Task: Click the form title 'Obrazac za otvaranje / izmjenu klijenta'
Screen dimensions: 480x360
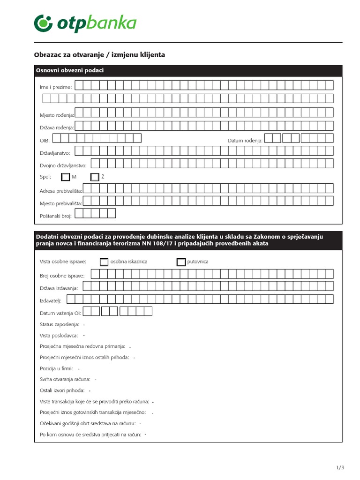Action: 100,55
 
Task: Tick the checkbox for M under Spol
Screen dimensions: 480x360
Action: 65,177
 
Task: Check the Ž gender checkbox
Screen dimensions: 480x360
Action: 95,177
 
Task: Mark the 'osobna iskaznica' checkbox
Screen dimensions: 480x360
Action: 104,262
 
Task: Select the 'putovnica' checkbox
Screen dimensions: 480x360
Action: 181,262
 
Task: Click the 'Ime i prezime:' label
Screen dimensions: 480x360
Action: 56,87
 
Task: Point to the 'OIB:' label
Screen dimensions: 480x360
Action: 45,140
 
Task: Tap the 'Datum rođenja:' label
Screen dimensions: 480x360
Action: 245,140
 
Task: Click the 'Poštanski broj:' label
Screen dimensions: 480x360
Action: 56,216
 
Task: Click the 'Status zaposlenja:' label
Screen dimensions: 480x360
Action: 59,324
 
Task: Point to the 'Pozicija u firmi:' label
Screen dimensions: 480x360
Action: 57,369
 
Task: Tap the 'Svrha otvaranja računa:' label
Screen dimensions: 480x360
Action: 65,379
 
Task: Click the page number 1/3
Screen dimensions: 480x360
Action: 340,467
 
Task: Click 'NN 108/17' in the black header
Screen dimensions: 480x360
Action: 150,244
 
